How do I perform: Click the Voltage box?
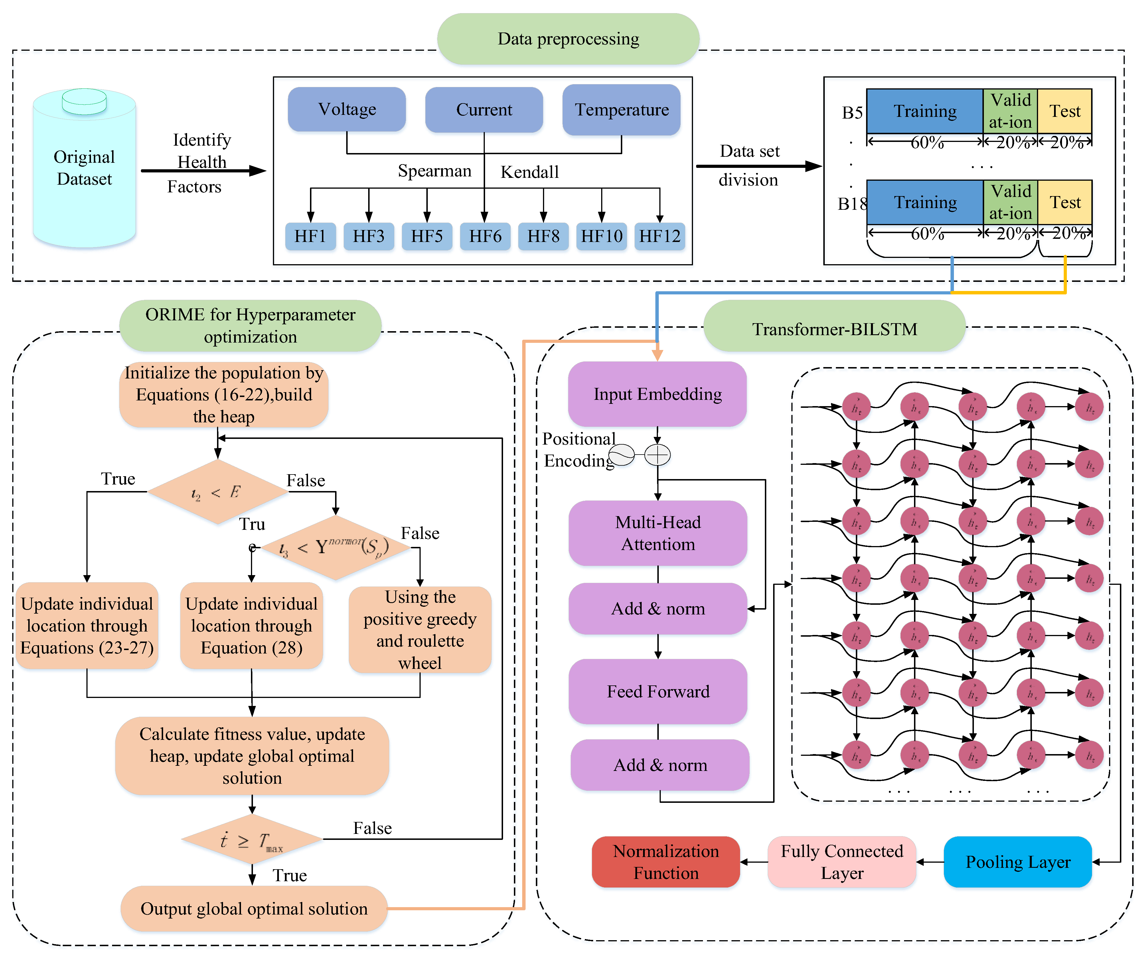click(x=347, y=109)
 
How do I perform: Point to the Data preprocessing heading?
click(x=568, y=39)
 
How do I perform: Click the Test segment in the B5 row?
click(x=1064, y=111)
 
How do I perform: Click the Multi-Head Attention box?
click(x=658, y=533)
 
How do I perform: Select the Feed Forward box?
click(x=658, y=691)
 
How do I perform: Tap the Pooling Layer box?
click(x=1018, y=862)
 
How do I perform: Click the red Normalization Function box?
click(x=666, y=862)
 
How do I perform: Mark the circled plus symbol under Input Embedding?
click(x=658, y=455)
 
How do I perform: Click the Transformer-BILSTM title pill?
click(x=834, y=329)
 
